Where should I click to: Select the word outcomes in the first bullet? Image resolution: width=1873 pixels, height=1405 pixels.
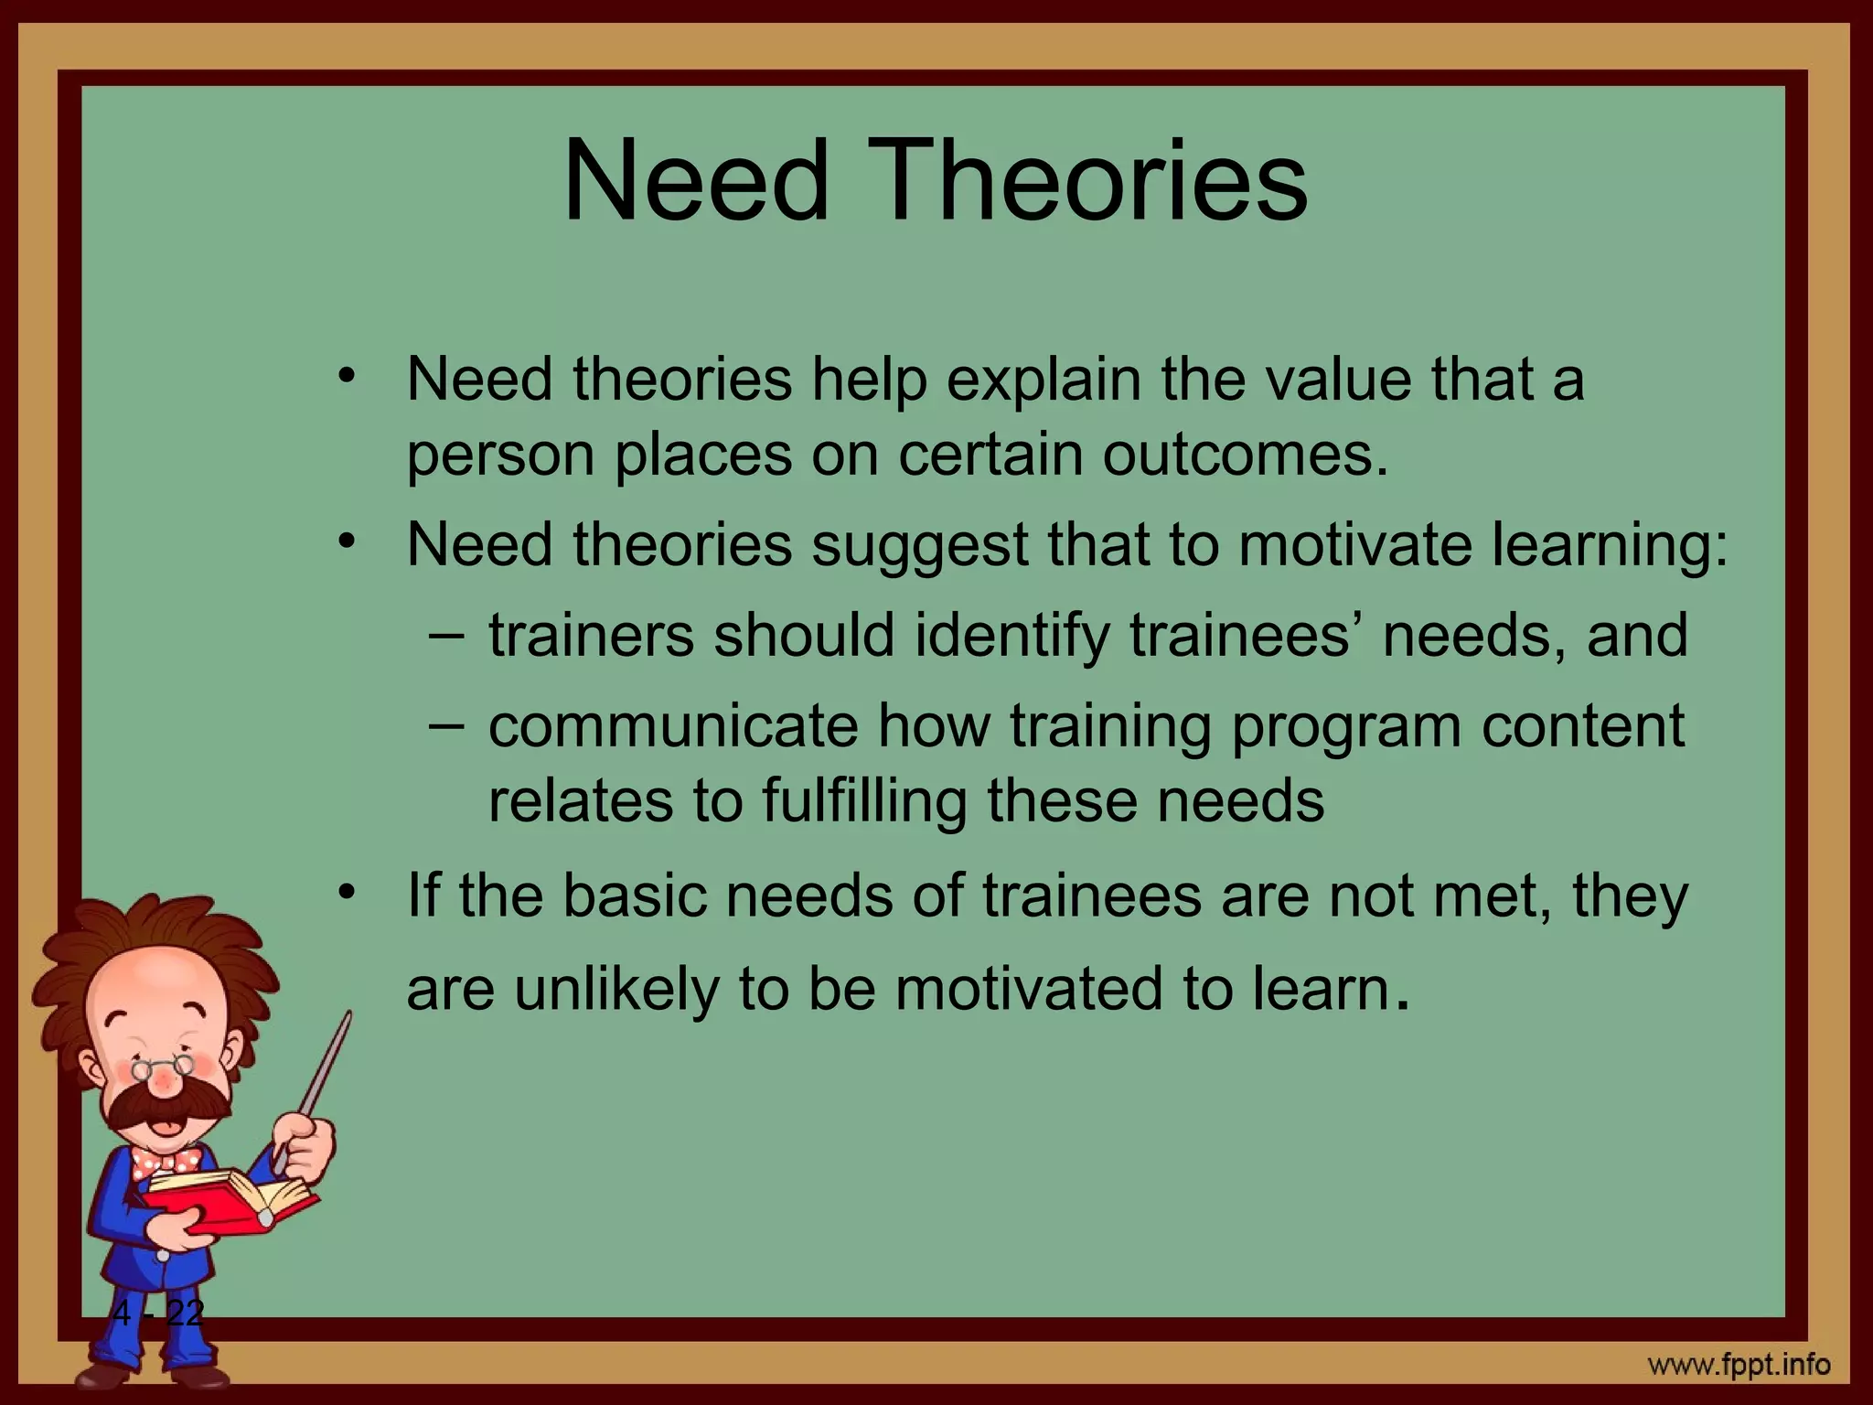pyautogui.click(x=1245, y=455)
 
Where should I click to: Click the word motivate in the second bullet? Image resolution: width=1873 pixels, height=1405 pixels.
pyautogui.click(x=1355, y=545)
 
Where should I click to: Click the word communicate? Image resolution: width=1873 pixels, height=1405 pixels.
pyautogui.click(x=673, y=726)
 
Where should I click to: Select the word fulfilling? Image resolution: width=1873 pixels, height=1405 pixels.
pyautogui.click(x=863, y=801)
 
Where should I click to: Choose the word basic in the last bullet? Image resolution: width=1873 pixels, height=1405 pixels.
pyautogui.click(x=635, y=896)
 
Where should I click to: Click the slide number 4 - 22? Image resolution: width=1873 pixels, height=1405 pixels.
pyautogui.click(x=158, y=1314)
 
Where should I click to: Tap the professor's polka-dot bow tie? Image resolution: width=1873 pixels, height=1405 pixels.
pyautogui.click(x=166, y=1162)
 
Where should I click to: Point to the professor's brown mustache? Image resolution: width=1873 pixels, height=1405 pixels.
pyautogui.click(x=165, y=1106)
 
